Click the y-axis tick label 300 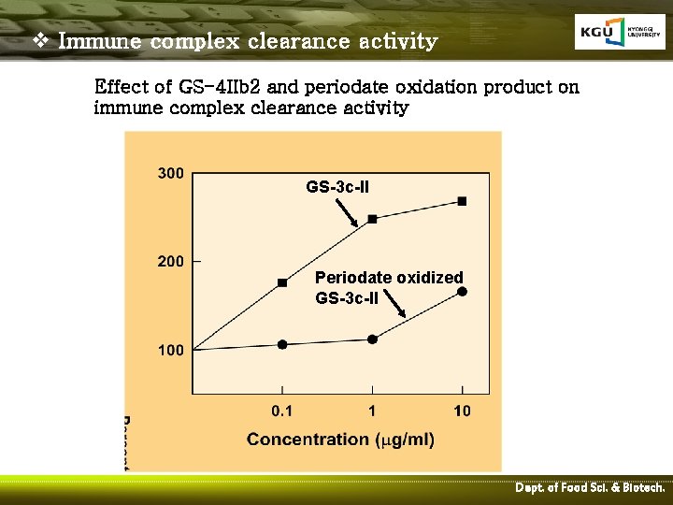point(170,174)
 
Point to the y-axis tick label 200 point(170,262)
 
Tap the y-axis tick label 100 point(170,351)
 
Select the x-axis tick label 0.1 point(281,411)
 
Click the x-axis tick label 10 point(462,411)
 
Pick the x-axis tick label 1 point(372,411)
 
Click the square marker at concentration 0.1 point(282,282)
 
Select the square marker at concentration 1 point(372,219)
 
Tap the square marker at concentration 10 point(462,201)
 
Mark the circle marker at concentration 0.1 point(282,344)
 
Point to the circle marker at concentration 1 point(372,339)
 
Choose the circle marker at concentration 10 point(462,292)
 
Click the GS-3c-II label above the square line point(337,187)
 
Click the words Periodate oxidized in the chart point(389,278)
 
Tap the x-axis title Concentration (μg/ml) point(340,439)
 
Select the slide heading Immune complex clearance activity point(248,41)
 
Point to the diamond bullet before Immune point(39,41)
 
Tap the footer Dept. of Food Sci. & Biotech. point(590,488)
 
